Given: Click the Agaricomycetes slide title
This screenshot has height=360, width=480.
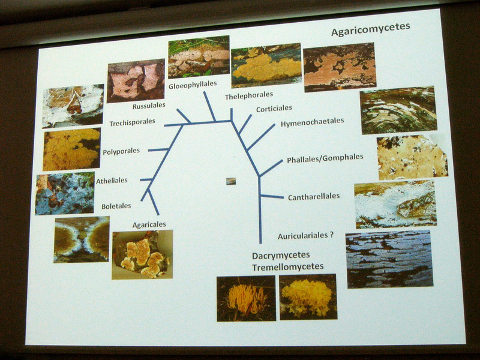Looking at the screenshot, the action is [370, 29].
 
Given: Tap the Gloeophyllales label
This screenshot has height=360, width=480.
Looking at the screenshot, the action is [193, 85].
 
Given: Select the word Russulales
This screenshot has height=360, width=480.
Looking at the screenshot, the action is [149, 106].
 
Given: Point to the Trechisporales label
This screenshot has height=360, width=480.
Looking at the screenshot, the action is [132, 122].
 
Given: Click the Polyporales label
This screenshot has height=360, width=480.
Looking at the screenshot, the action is [121, 151].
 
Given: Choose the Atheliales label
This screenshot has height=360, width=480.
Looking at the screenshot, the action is [112, 181].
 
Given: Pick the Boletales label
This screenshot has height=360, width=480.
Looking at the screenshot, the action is [116, 206].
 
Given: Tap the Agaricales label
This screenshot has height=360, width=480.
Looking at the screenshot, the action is [149, 224].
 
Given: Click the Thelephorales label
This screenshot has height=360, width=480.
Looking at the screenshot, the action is [249, 96].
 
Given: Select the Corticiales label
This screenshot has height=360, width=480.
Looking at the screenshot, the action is [274, 109].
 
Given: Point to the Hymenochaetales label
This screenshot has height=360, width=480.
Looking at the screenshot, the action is [312, 122].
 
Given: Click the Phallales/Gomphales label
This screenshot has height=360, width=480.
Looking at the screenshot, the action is [325, 158].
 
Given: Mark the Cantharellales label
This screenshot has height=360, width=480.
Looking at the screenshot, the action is [314, 197].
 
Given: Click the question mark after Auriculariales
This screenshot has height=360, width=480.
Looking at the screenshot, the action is [331, 235].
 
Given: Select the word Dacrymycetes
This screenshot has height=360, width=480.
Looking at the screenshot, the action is [281, 255].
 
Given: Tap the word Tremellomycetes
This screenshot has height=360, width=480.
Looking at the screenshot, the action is [288, 266].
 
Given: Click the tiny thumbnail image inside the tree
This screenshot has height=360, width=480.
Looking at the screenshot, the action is [231, 181].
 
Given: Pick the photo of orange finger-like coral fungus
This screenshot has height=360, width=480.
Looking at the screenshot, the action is [246, 298].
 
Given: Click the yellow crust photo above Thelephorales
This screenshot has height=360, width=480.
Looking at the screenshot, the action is [266, 66].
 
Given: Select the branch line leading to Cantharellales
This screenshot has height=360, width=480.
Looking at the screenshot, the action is [272, 196].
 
